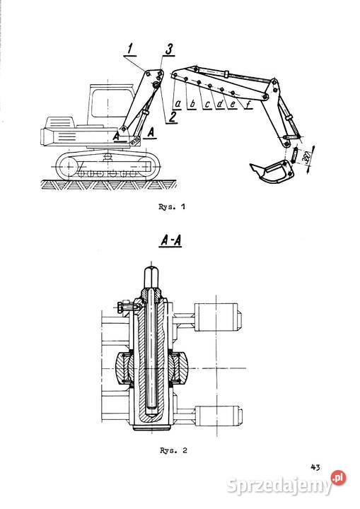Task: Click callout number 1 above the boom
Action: (x=130, y=49)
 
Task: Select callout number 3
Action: (x=169, y=49)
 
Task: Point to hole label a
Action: (x=178, y=104)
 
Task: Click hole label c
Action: (x=207, y=104)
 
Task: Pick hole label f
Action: (x=248, y=104)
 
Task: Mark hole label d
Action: (x=220, y=104)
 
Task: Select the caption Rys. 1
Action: (x=172, y=206)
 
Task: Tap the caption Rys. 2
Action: (x=173, y=450)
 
